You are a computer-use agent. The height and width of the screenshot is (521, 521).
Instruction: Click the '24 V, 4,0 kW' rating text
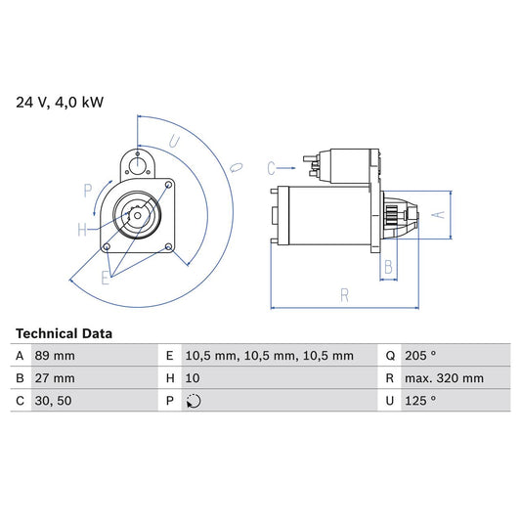click(x=58, y=101)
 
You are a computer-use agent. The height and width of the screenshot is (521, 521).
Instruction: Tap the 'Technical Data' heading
click(x=64, y=333)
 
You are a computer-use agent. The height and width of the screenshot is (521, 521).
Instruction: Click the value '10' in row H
click(x=193, y=378)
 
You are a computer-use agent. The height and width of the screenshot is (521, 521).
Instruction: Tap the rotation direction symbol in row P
click(x=194, y=401)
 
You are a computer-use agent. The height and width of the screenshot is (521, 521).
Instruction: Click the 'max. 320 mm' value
click(x=445, y=378)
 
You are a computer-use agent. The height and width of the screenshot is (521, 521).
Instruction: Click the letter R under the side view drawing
click(x=344, y=293)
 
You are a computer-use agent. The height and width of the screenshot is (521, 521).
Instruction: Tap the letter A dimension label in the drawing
click(x=440, y=214)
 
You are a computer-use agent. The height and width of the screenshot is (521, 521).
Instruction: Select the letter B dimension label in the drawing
click(x=388, y=266)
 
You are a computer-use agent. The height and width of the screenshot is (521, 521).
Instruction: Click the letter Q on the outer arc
click(x=235, y=167)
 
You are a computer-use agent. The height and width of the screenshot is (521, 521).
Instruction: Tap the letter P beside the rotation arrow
click(x=88, y=190)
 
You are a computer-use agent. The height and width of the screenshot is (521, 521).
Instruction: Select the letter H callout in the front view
click(x=83, y=230)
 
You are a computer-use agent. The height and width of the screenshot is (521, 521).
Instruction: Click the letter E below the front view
click(x=106, y=279)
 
